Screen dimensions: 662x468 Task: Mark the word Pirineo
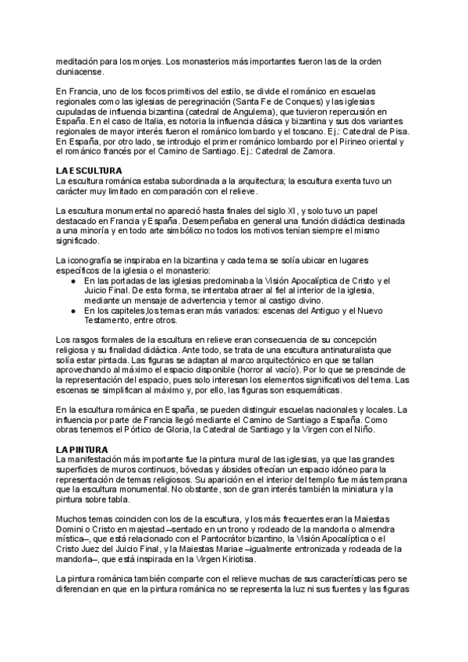(x=343, y=142)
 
